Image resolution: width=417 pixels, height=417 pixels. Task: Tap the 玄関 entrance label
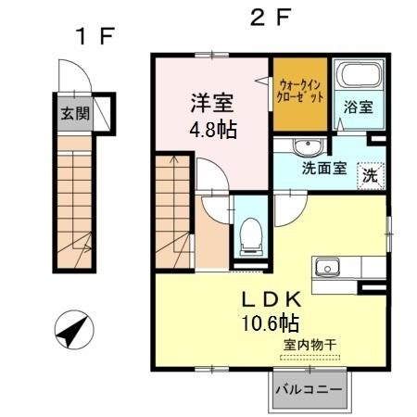coord(75,115)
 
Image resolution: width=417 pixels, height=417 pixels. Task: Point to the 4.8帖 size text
coord(212,130)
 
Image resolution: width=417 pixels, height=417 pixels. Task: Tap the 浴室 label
coord(358,107)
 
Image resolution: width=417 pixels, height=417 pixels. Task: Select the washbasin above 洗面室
coord(306,147)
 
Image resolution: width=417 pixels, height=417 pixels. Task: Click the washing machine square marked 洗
coord(370,173)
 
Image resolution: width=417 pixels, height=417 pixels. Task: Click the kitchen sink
coord(330,268)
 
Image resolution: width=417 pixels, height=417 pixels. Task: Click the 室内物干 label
coord(310,346)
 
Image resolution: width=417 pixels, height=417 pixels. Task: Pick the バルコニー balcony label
coord(309,390)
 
